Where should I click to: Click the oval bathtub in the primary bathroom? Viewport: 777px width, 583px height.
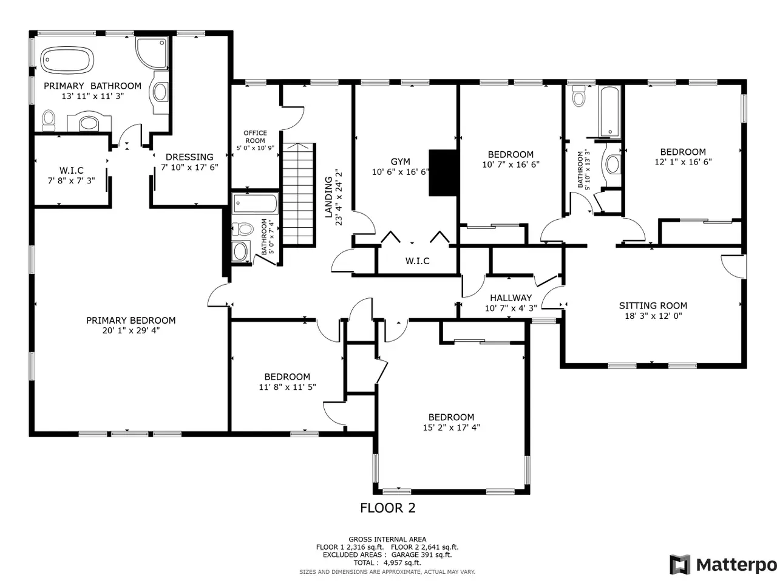(67, 61)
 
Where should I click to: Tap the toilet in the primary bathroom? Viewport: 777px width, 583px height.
(49, 120)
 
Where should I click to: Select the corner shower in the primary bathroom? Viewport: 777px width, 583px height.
(152, 53)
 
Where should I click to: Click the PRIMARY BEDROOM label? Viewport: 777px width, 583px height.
(131, 321)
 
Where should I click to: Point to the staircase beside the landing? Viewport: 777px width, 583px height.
(299, 194)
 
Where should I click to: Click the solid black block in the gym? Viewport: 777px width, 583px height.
(443, 172)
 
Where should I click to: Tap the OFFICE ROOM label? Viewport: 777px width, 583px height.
(255, 137)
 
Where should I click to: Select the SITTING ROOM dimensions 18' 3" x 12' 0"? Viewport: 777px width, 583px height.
(653, 316)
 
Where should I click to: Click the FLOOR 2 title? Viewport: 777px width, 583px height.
(388, 508)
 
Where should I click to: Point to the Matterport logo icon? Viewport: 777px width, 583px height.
(680, 565)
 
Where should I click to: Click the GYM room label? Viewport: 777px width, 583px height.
(401, 162)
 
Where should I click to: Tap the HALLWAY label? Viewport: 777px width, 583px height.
(511, 298)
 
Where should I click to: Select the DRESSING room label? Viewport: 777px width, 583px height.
(189, 157)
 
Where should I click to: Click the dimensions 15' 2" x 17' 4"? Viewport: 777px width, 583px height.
(452, 428)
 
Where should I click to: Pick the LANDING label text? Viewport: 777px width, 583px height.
(329, 197)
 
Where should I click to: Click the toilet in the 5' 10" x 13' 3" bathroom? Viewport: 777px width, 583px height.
(579, 95)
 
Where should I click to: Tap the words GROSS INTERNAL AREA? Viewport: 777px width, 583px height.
(387, 539)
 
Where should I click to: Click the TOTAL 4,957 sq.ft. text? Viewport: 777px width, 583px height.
(387, 563)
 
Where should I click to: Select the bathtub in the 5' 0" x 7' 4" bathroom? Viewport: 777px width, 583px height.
(255, 203)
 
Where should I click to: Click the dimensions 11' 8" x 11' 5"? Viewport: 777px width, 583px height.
(288, 387)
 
